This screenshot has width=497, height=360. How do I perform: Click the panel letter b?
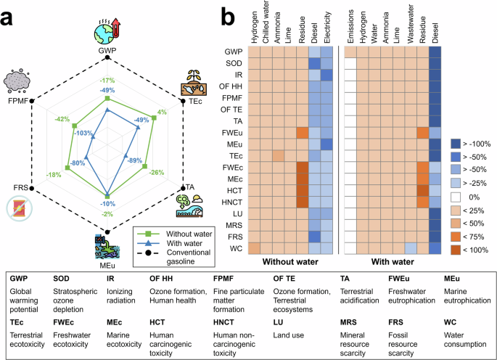pyautogui.click(x=226, y=14)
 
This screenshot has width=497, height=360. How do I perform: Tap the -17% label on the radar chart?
pyautogui.click(x=107, y=81)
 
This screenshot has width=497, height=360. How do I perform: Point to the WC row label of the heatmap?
pyautogui.click(x=235, y=249)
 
